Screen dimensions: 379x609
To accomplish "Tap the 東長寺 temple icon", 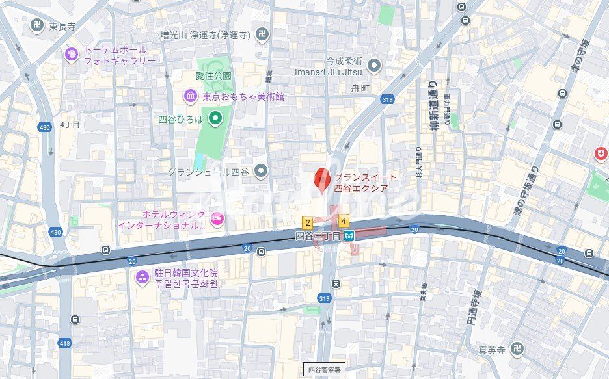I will [x=37, y=26].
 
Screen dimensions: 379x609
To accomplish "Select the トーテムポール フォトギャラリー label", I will [x=119, y=55].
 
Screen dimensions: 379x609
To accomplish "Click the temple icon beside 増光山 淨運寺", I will [x=262, y=34].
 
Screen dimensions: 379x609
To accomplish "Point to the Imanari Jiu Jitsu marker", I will [x=373, y=65].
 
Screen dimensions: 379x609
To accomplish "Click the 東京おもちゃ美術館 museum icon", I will [x=191, y=96].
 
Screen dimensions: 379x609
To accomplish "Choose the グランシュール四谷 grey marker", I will [x=261, y=172].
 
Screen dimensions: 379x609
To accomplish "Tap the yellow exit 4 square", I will [x=343, y=221].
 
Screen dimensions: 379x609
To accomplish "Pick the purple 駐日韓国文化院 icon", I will [x=141, y=278].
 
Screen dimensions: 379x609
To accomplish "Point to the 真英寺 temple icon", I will [x=517, y=349].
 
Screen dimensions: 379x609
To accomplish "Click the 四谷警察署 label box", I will [x=325, y=369].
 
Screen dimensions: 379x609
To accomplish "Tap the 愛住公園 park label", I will [x=213, y=76].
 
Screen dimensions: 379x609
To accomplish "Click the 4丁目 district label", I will [x=70, y=124].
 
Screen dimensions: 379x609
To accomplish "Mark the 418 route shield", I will [x=65, y=343].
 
